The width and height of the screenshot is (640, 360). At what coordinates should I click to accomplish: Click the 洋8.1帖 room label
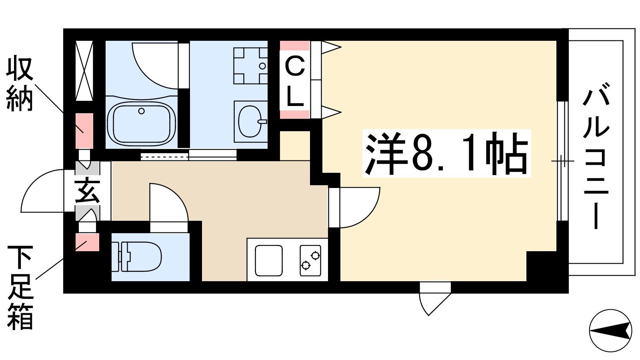(446, 153)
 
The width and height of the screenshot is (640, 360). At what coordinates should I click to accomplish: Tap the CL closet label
(294, 80)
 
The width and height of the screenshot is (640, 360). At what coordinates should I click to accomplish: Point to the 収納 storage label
(20, 84)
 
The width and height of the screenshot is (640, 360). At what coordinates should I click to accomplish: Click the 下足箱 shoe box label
(20, 288)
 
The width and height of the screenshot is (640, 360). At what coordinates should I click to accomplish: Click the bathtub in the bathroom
(141, 122)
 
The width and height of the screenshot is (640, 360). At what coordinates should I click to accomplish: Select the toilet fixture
(136, 256)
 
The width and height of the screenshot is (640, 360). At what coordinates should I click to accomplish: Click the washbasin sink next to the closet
(251, 122)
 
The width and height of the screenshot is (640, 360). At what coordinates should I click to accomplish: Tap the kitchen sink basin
(268, 260)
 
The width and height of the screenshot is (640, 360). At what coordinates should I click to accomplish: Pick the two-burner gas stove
(310, 260)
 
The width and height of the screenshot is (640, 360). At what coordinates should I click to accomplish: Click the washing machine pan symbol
(251, 66)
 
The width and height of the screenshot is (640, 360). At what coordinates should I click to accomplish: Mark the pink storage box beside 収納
(84, 130)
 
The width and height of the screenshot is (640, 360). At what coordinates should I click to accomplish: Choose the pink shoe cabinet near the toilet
(88, 242)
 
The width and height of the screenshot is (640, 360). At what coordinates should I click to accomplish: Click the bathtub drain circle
(142, 111)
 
